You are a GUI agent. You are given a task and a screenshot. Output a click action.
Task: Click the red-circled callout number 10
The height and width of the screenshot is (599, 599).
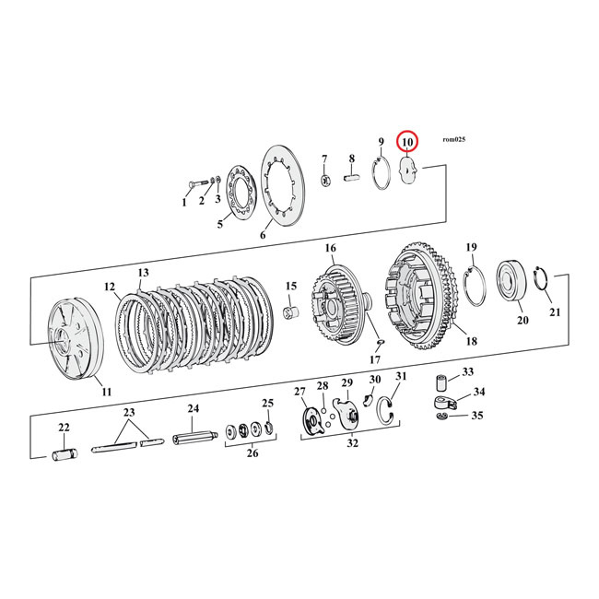406,143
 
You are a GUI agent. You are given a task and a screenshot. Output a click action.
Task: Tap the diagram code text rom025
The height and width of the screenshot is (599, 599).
453,139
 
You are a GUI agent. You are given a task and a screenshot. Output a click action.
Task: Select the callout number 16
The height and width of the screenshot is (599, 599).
330,249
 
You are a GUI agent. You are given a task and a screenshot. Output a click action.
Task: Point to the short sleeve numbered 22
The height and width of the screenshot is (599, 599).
65,453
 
